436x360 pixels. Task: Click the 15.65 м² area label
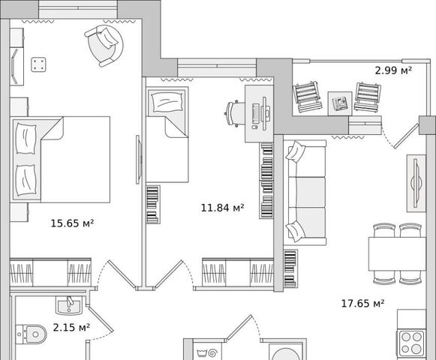pyautogui.click(x=72, y=223)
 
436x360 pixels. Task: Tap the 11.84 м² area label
pyautogui.click(x=222, y=208)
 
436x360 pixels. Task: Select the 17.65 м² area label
pyautogui.click(x=362, y=303)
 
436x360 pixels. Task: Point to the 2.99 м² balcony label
pyautogui.click(x=393, y=70)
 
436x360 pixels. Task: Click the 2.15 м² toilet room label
pyautogui.click(x=71, y=328)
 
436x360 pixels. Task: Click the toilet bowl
pyautogui.click(x=31, y=334)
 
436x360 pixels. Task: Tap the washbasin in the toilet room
pyautogui.click(x=69, y=305)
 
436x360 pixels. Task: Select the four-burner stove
pyautogui.click(x=411, y=343)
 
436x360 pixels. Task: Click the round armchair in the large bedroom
pyautogui.click(x=104, y=46)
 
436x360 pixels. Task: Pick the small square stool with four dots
pyautogui.click(x=38, y=64)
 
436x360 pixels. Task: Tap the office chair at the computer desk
pyautogui.click(x=234, y=114)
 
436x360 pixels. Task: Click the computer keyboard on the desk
pyautogui.click(x=256, y=114)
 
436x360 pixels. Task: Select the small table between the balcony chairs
pyautogui.click(x=339, y=103)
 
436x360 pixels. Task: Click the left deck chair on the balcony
pyautogui.click(x=307, y=97)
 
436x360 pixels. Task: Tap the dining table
pyautogui.click(x=397, y=253)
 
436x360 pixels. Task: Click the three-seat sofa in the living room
pyautogui.click(x=305, y=193)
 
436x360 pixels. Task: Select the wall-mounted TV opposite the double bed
pyautogui.click(x=139, y=159)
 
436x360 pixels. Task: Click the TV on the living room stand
pyautogui.click(x=416, y=183)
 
